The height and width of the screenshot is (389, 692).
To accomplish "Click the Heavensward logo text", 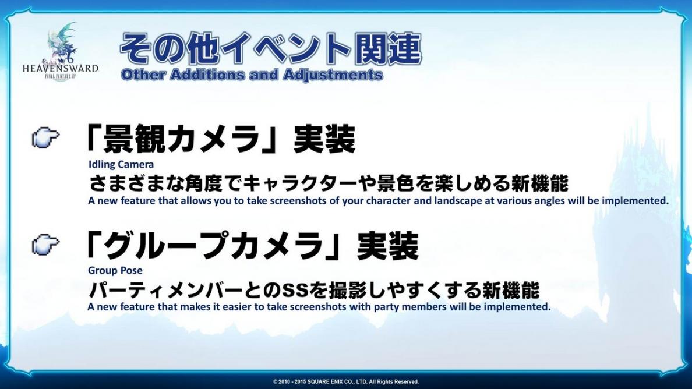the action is [60, 69].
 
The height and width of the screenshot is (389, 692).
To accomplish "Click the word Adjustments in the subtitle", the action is [333, 75].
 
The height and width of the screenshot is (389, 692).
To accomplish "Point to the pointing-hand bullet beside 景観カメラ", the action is [45, 137].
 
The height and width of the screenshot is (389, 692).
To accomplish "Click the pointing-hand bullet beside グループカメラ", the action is [45, 245].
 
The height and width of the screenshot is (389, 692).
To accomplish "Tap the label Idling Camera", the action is [121, 164].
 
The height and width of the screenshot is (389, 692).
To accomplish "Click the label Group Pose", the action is [115, 270].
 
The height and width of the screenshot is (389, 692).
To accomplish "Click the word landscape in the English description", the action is [458, 201].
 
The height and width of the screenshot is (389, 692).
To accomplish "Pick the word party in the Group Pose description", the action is [386, 307].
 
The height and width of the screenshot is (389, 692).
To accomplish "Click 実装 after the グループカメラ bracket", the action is [387, 245].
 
